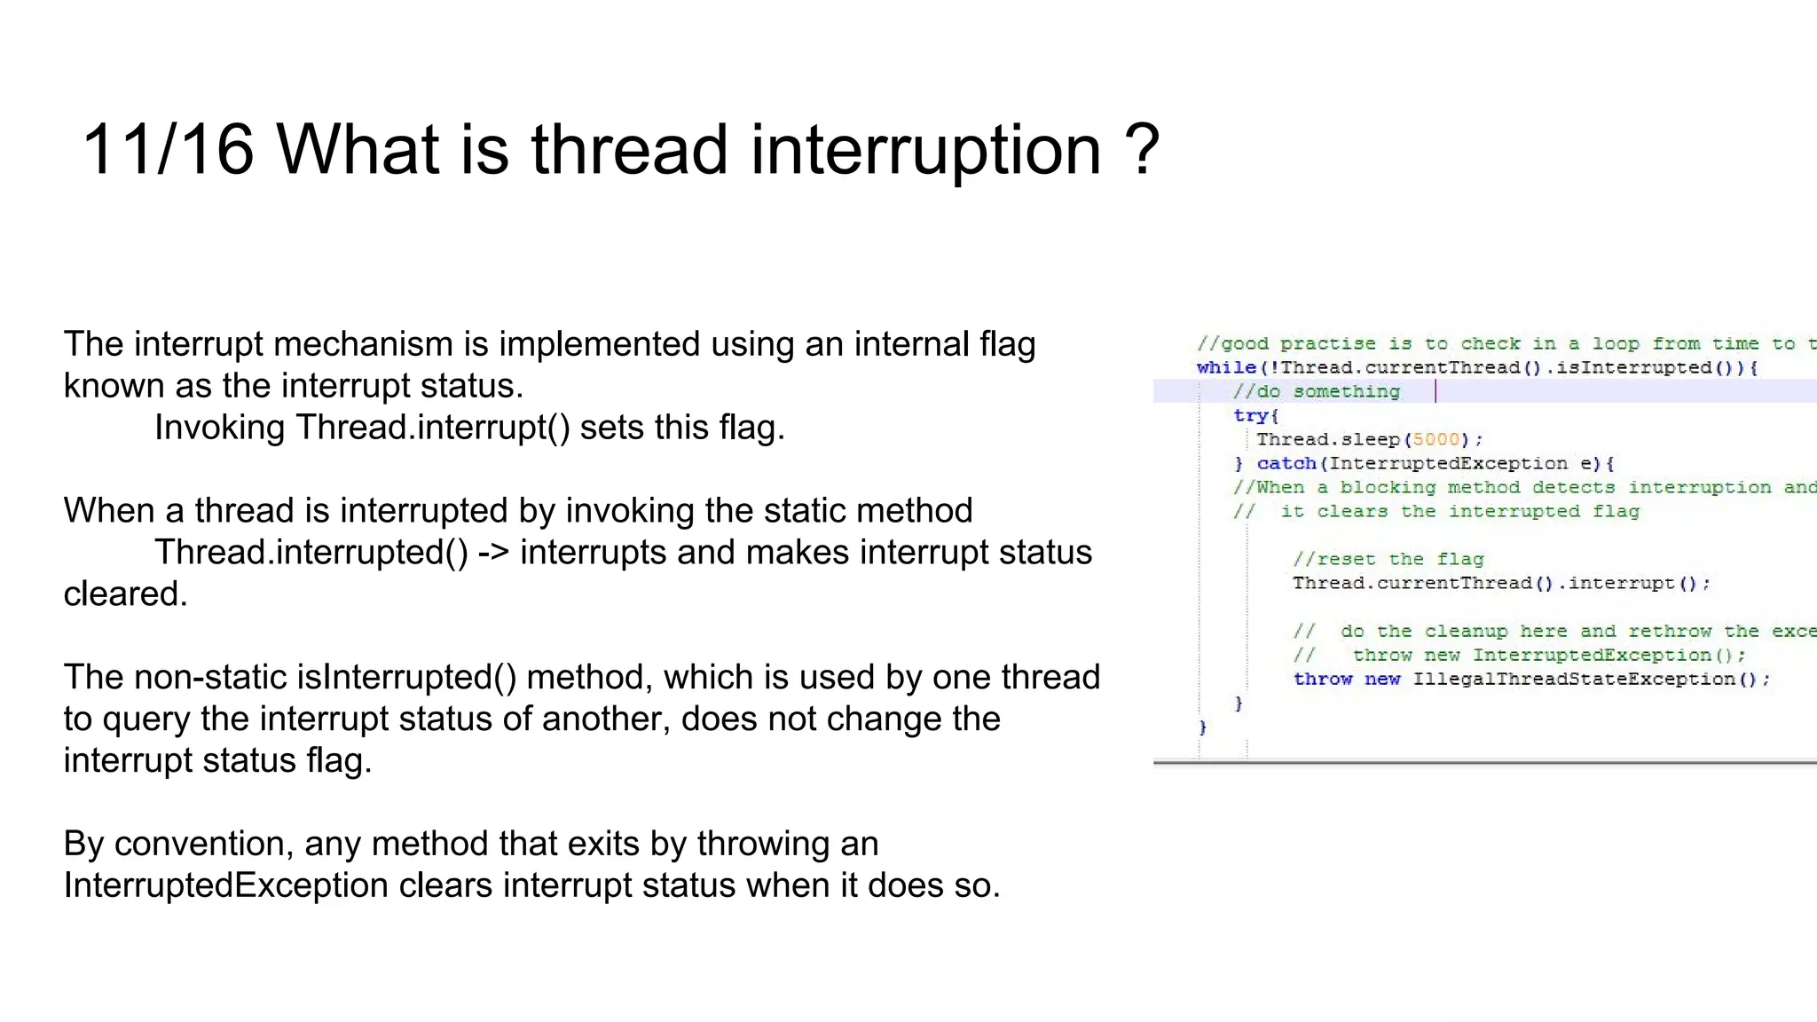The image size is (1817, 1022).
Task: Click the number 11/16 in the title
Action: (168, 150)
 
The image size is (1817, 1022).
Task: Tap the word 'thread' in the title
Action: (629, 150)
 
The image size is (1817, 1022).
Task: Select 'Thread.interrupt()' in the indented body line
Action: (432, 428)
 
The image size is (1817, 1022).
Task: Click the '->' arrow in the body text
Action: (493, 553)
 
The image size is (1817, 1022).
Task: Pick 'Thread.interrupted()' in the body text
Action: (311, 553)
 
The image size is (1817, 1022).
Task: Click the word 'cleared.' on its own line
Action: (125, 594)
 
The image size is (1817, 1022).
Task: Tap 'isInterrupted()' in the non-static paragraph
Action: (406, 678)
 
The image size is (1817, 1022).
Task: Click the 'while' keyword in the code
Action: (1225, 367)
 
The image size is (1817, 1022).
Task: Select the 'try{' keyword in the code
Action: (1255, 415)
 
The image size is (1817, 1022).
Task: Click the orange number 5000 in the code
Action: (1436, 439)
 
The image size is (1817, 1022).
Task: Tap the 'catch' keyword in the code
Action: (1286, 463)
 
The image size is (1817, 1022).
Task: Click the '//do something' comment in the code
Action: (1316, 391)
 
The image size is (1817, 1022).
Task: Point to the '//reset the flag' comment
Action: (1388, 559)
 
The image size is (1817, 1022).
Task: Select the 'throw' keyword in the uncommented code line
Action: (1322, 679)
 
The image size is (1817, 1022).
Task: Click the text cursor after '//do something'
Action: (1436, 391)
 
